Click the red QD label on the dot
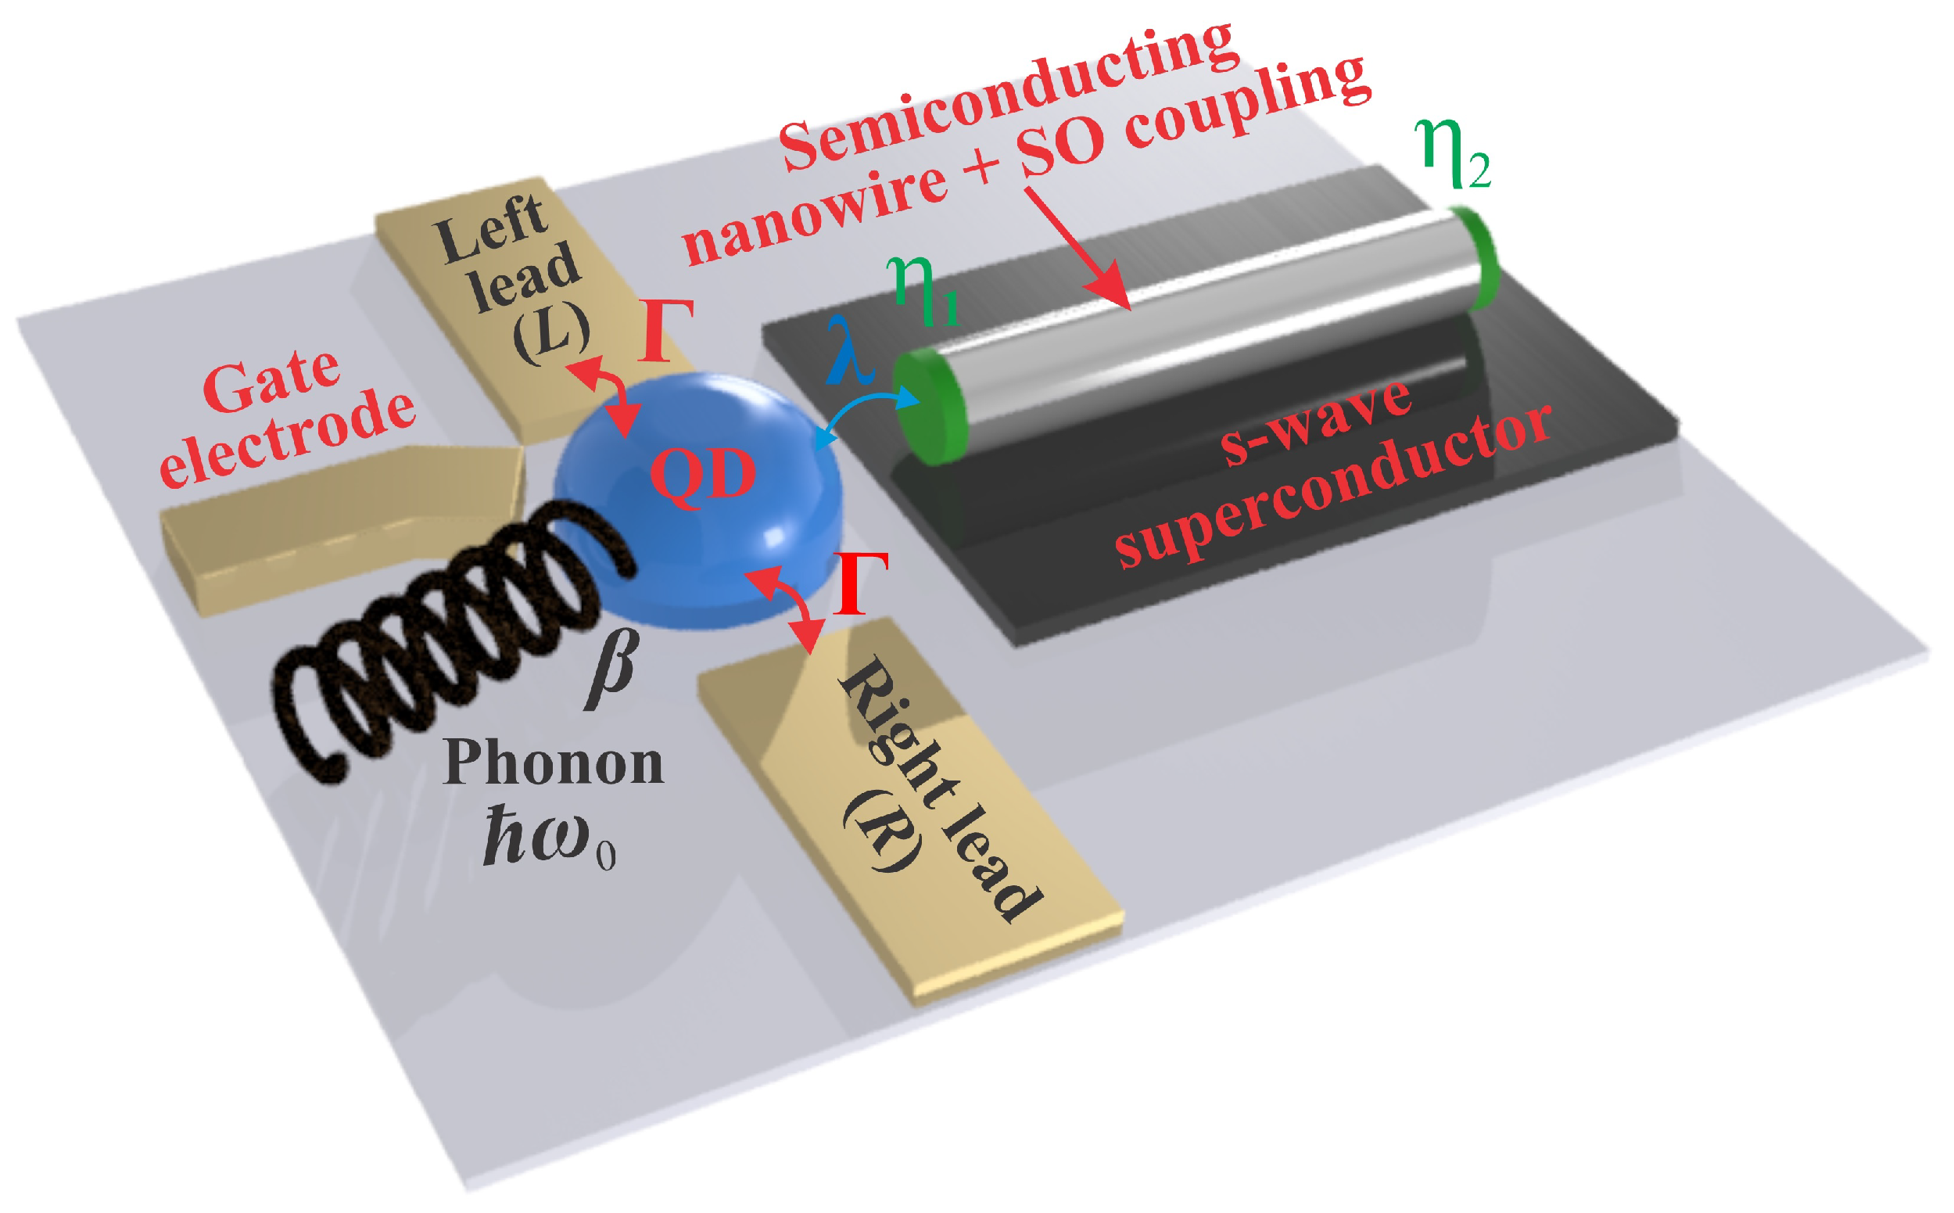(x=703, y=475)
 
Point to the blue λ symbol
(x=848, y=353)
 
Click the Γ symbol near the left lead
(x=665, y=331)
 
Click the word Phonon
(x=554, y=763)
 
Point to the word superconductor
(x=1332, y=490)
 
